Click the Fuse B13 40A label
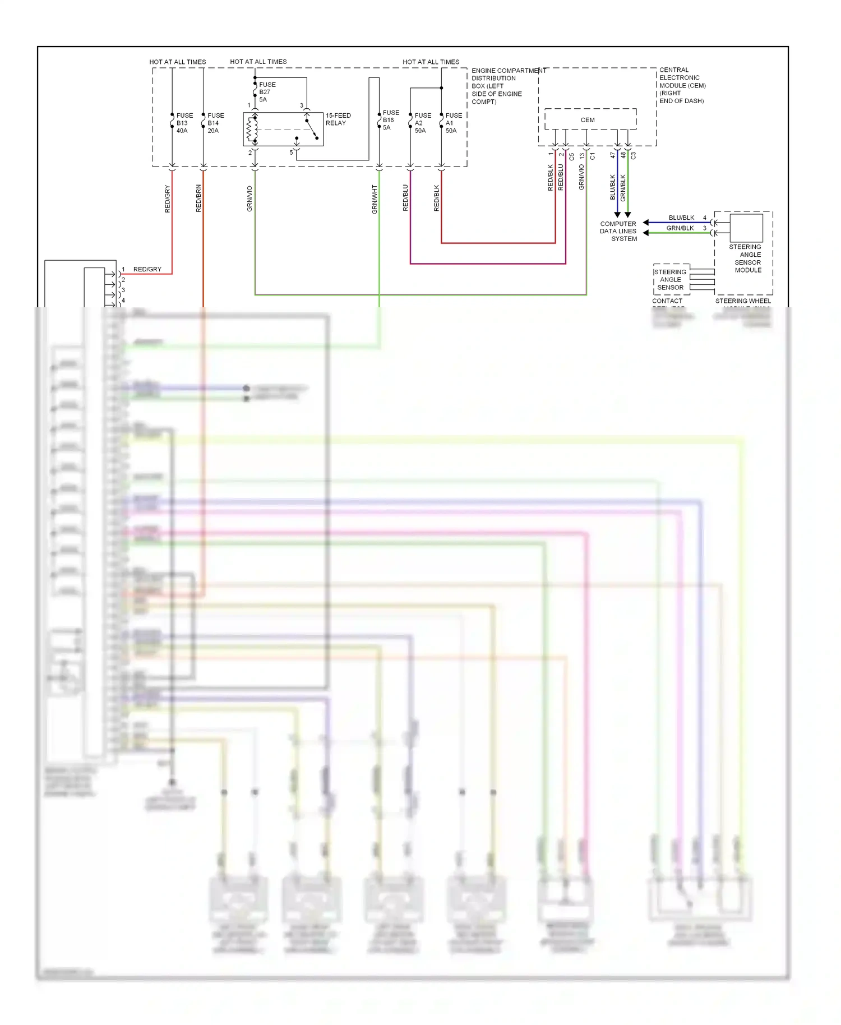click(x=184, y=123)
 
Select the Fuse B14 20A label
click(x=215, y=123)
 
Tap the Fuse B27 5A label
click(x=267, y=92)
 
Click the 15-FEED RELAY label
click(x=338, y=119)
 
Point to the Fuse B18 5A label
click(x=390, y=120)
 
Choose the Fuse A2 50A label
click(x=422, y=123)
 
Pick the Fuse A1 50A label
click(x=453, y=123)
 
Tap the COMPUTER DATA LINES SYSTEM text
click(x=618, y=231)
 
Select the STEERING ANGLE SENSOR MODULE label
click(x=747, y=258)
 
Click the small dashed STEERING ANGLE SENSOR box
click(x=671, y=279)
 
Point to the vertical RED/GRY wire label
click(x=167, y=198)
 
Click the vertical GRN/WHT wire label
click(x=375, y=199)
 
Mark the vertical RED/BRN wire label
click(x=198, y=198)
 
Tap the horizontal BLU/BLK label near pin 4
click(x=681, y=218)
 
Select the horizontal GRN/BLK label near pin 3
click(x=680, y=228)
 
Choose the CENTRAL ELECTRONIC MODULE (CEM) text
click(x=682, y=85)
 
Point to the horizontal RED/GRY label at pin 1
click(x=147, y=269)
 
